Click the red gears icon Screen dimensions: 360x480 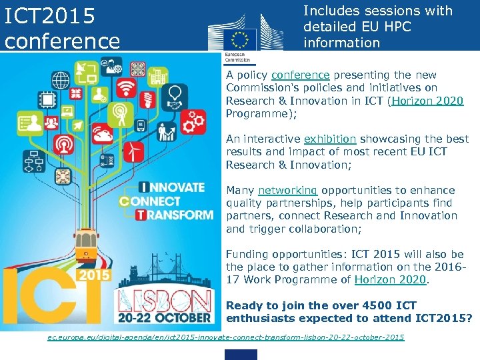coord(193,121)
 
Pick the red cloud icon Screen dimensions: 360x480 coord(103,135)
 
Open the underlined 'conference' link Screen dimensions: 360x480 coord(301,75)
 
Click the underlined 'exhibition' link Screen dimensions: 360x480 coord(330,139)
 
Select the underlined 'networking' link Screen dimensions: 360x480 coord(287,190)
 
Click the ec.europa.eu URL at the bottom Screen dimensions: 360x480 coord(226,338)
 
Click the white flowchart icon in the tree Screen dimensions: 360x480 coord(32,162)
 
